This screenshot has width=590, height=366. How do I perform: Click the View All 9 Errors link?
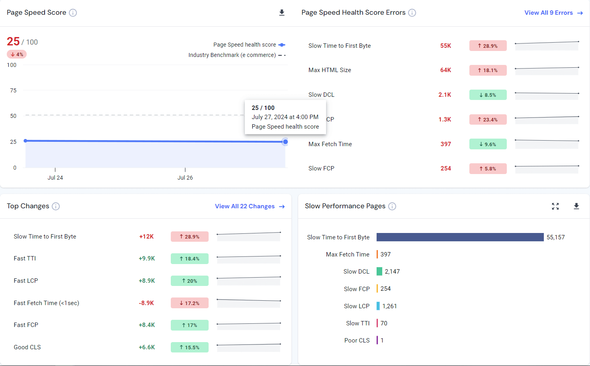(x=553, y=13)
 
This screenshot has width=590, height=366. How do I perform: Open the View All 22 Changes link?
(x=249, y=206)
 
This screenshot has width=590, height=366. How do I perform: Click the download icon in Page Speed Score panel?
(x=282, y=13)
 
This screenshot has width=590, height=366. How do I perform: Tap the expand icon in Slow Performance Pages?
(x=555, y=206)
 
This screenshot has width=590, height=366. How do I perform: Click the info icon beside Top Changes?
(x=56, y=206)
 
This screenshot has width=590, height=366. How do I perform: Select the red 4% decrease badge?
(x=17, y=54)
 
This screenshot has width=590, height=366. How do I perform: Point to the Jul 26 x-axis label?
(x=185, y=178)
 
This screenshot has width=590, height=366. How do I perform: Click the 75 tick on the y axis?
(x=14, y=90)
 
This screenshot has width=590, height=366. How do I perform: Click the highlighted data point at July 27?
(x=285, y=142)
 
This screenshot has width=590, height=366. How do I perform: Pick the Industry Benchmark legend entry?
(x=236, y=55)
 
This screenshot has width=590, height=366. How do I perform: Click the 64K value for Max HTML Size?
(x=445, y=70)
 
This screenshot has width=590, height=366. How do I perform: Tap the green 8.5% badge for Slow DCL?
(x=488, y=95)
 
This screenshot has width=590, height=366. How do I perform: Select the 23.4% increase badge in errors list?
(x=488, y=119)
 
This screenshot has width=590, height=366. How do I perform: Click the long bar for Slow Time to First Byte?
(x=460, y=237)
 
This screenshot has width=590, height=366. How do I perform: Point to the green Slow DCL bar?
(x=379, y=272)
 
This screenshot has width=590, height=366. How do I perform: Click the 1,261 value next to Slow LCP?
(x=389, y=306)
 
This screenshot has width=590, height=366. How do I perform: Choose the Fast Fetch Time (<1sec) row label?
(x=46, y=303)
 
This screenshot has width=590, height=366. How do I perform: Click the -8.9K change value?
(x=146, y=303)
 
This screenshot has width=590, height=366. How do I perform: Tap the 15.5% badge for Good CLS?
(x=190, y=347)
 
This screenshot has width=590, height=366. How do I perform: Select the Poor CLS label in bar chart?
(x=357, y=341)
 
